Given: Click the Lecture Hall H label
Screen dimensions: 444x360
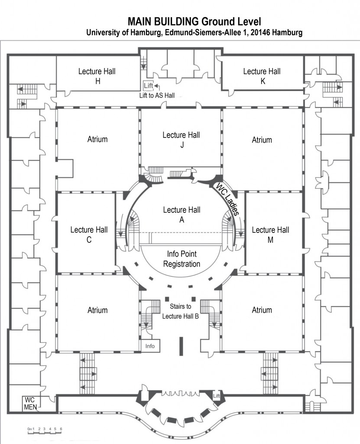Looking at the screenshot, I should pos(97,76).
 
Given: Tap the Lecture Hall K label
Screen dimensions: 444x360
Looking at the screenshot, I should pos(262,76).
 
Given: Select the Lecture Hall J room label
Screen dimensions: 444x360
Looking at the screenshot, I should pos(182,140).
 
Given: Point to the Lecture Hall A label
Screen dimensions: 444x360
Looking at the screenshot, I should pos(182,215).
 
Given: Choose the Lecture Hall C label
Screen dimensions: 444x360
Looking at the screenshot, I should pos(89,235).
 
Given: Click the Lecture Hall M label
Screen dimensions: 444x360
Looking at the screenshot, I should pos(270,235).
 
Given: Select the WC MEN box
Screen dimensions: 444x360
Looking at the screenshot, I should pos(30,403).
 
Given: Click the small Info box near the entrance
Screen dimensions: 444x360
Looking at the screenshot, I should pos(150,346).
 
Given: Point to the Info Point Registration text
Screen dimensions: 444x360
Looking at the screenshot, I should pos(184,258).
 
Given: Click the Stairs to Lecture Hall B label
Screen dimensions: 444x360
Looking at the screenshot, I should pos(180,312).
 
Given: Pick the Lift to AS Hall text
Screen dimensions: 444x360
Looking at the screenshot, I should pos(157,95).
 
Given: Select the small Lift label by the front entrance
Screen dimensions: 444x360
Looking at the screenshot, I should pos(217,396).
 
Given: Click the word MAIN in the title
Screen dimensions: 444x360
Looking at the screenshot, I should pos(139,22).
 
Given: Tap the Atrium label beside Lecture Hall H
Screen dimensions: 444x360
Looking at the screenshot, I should pos(97,140).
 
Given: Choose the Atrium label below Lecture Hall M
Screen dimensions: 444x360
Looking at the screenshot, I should pos(262,310).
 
